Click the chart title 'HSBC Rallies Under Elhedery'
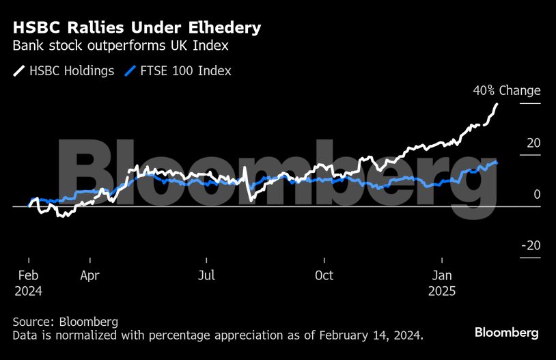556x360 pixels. point(137,28)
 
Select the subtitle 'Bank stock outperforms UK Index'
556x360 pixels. point(120,46)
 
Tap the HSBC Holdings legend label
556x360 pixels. point(72,71)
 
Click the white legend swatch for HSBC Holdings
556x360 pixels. point(19,71)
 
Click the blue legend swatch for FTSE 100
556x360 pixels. point(133,71)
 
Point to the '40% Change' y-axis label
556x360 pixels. point(506,91)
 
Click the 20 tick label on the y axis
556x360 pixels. point(533,143)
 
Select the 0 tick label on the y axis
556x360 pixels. point(537,195)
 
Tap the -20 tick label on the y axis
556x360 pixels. point(531,246)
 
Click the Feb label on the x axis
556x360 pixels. point(28,276)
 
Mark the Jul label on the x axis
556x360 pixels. point(206,276)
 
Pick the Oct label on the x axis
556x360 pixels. point(324,276)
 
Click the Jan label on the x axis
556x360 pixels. point(442,276)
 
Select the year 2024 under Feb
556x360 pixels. point(28,291)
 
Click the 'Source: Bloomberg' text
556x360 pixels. point(65,322)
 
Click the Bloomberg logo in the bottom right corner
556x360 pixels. point(507,333)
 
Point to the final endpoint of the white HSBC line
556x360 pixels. point(497,104)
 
